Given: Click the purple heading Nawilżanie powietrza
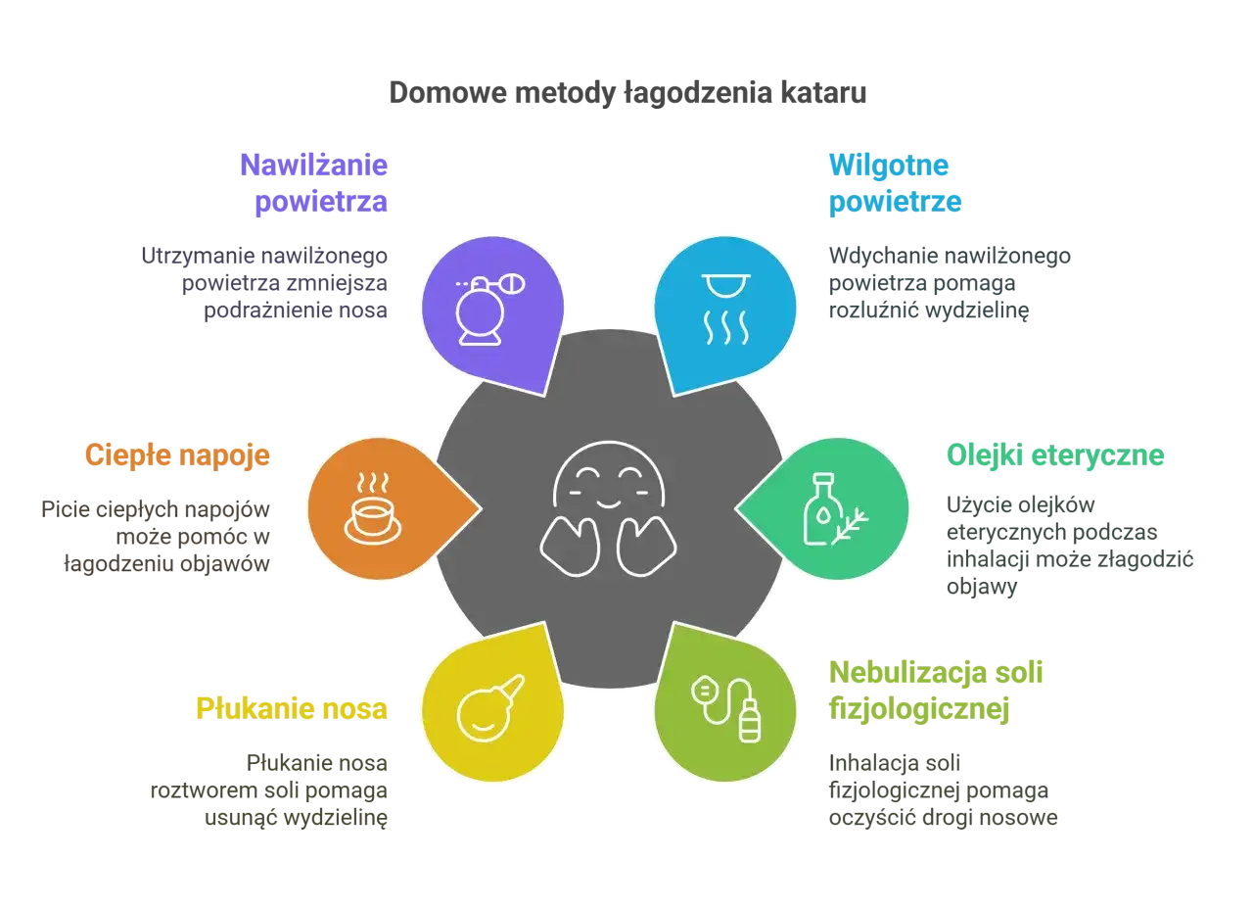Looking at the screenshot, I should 315,183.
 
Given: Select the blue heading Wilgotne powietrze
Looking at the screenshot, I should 895,183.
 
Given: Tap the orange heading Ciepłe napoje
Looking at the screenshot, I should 178,455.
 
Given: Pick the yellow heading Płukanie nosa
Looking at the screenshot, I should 293,707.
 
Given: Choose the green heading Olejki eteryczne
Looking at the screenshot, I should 1055,455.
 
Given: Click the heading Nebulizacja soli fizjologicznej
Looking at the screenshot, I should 938,691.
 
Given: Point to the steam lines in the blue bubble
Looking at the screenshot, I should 725,327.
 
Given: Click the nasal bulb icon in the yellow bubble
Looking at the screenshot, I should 489,708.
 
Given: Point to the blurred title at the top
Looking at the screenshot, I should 626,95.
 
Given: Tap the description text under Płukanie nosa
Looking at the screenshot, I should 271,789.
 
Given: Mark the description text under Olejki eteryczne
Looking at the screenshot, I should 1067,545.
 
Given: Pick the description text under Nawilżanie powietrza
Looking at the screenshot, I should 266,284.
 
